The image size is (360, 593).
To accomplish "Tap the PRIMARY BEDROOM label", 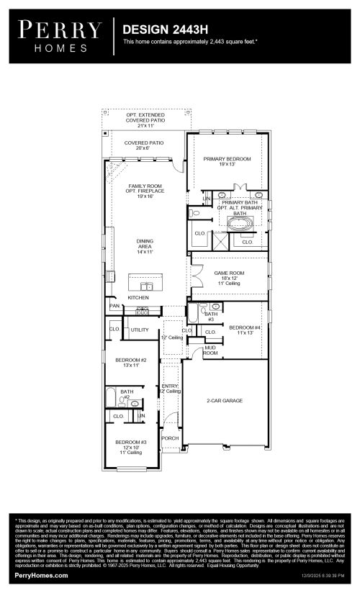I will pos(227,161).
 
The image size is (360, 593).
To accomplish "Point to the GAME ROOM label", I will pos(229,277).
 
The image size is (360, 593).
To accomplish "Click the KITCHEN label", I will pos(138,297).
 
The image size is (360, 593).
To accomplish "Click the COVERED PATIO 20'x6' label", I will pos(144,146).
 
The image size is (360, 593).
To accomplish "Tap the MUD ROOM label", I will pos(210,350).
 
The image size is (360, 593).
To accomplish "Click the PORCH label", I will pos(170,438).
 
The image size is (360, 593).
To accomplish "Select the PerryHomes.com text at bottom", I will pos(41,576).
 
